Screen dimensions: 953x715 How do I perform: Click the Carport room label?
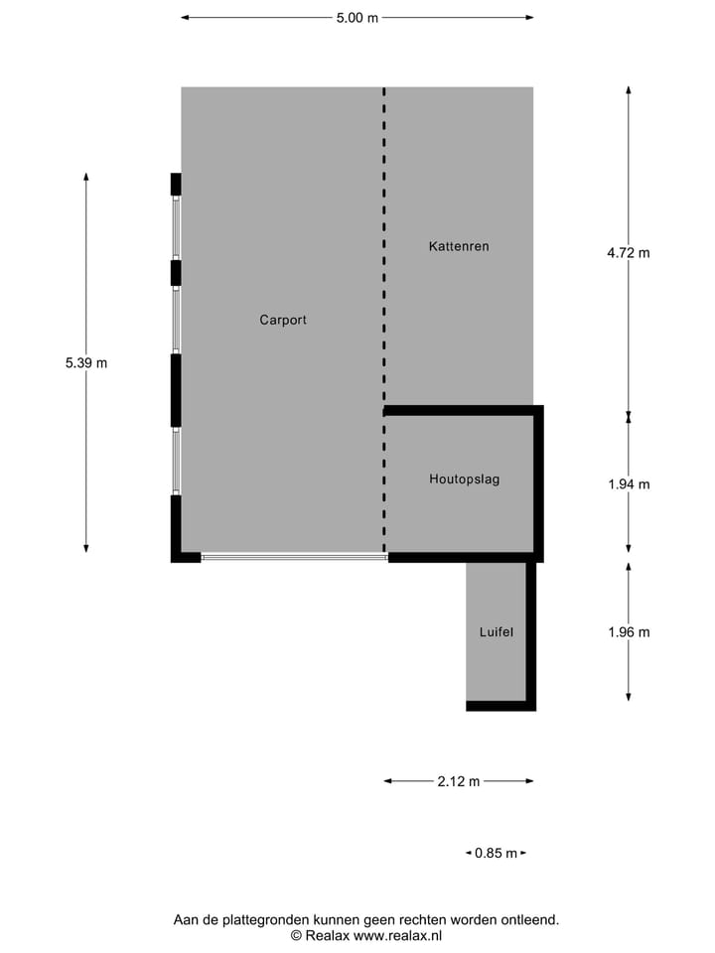point(283,320)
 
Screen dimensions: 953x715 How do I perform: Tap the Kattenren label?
point(459,245)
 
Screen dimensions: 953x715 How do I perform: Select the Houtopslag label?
point(464,478)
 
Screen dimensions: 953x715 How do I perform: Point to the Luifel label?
point(496,631)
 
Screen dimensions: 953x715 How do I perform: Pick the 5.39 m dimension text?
point(86,363)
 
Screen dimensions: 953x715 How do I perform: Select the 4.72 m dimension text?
point(629,252)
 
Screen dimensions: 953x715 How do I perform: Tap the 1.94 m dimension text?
point(629,484)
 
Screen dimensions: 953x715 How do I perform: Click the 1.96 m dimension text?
point(629,632)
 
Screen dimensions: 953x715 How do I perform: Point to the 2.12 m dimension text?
point(458,781)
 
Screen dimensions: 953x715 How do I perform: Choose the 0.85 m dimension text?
point(496,853)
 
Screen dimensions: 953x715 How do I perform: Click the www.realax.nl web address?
point(397,935)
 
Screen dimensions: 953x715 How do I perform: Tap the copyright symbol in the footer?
point(296,935)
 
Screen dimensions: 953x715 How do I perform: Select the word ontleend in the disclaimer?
point(527,920)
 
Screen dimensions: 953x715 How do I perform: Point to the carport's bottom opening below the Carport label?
point(294,558)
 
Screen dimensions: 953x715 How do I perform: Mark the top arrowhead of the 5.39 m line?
point(86,178)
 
